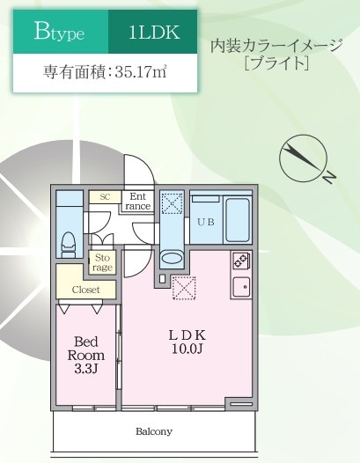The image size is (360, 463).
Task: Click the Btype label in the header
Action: click(59, 33)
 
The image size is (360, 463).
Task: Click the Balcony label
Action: click(153, 431)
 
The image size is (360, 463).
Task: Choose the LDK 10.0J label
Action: click(187, 342)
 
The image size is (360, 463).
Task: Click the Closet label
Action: click(86, 289)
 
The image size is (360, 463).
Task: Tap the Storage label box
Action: click(103, 261)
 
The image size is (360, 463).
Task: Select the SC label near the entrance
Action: click(104, 196)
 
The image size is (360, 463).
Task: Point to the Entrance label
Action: click(138, 202)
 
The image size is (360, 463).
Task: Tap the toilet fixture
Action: click(70, 240)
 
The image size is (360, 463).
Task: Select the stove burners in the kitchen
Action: click(239, 261)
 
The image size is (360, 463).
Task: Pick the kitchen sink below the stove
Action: click(239, 286)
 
